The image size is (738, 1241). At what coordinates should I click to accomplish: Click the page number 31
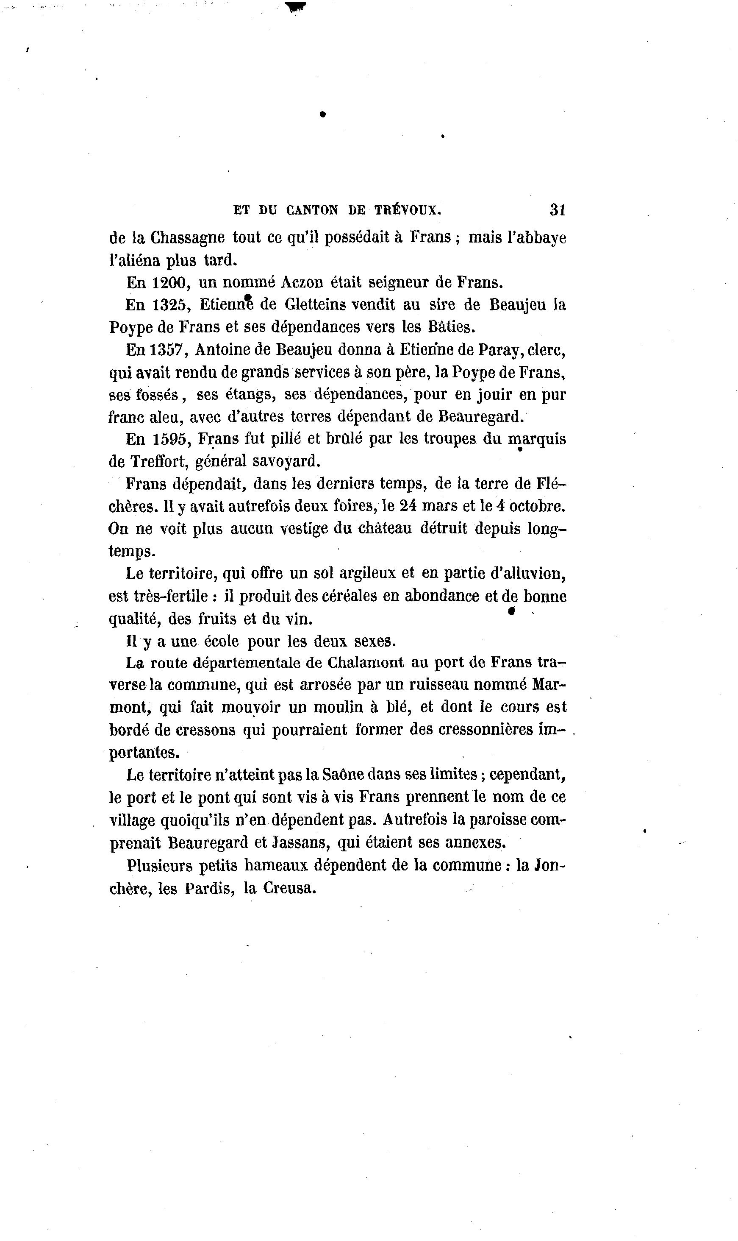[558, 210]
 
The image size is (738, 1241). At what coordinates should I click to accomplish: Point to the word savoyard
[286, 462]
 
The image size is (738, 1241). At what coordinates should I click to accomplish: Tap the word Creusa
[289, 888]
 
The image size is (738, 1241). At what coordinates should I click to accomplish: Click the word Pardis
[210, 888]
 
